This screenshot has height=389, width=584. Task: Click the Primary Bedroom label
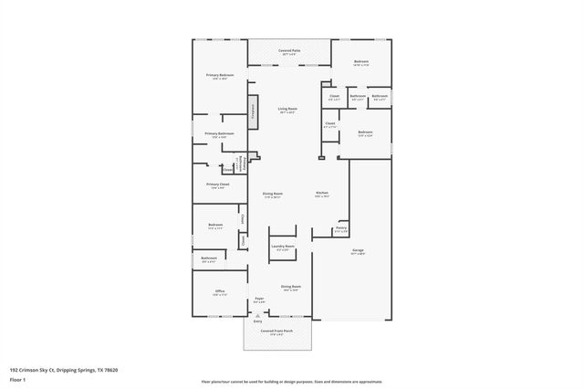point(220,75)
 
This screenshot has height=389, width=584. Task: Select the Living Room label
point(288,110)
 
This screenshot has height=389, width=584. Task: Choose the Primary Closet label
point(217,184)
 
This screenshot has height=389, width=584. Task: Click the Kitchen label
point(322,194)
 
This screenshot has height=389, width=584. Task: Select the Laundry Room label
point(282,246)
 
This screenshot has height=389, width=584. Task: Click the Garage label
point(359,248)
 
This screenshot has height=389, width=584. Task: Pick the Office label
point(219,291)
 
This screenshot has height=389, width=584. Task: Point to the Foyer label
point(259,299)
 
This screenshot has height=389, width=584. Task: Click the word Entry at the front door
point(257,321)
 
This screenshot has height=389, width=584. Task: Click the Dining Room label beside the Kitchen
point(272,194)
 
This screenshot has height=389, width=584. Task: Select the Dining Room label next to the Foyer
point(291,287)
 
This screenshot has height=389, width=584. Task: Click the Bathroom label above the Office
point(209,258)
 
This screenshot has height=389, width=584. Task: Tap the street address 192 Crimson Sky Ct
point(64,370)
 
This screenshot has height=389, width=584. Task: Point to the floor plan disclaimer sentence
point(291,380)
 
